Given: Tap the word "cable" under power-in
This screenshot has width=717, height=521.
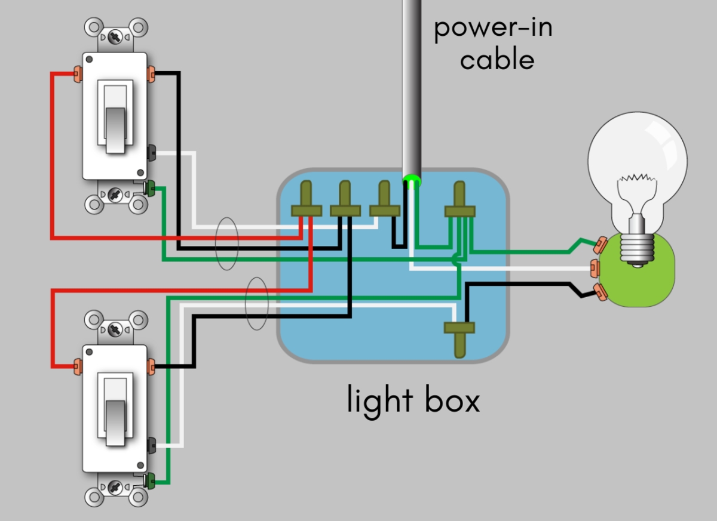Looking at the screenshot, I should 497,60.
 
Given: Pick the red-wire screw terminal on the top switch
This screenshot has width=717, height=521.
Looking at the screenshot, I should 77,74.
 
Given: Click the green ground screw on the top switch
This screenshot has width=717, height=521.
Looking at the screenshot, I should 150,189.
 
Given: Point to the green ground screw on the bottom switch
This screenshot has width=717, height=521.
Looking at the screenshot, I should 150,479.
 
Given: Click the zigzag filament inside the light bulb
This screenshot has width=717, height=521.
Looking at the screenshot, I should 637,179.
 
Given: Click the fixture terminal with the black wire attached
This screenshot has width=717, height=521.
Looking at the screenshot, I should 599,292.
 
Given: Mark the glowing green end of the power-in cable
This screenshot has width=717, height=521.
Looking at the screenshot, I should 411,178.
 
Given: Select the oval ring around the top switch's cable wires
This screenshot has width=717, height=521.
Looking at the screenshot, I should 227,242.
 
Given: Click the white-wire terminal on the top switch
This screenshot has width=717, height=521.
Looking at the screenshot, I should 151,153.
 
